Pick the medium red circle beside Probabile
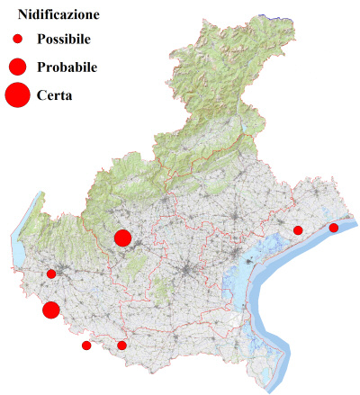coord(17,67)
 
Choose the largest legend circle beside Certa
coord(17,94)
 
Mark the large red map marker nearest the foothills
coord(123,238)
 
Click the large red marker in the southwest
coord(51,310)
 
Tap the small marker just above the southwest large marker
coord(51,274)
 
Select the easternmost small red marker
coord(334,228)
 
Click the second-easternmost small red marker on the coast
coord(298,230)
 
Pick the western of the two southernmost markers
coord(86,346)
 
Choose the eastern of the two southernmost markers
coord(122,346)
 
